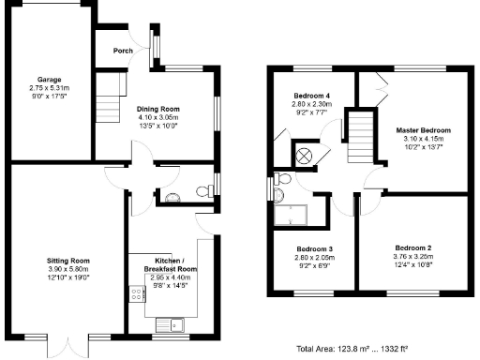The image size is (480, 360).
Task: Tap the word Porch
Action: (x=122, y=51)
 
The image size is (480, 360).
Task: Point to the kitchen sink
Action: (x=172, y=325)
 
